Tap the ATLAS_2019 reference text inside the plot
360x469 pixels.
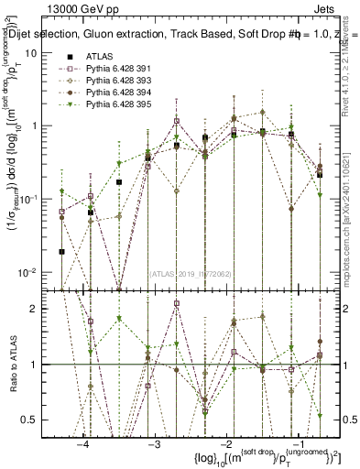coord(190,274)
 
